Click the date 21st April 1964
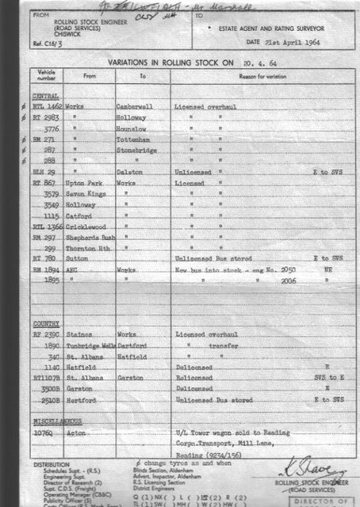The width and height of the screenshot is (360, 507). (x=308, y=40)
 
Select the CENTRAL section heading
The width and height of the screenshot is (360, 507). (x=44, y=93)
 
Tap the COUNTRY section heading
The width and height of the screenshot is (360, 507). (x=45, y=325)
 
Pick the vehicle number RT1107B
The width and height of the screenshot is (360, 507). (x=47, y=379)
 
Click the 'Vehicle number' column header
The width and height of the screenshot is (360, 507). (x=44, y=75)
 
